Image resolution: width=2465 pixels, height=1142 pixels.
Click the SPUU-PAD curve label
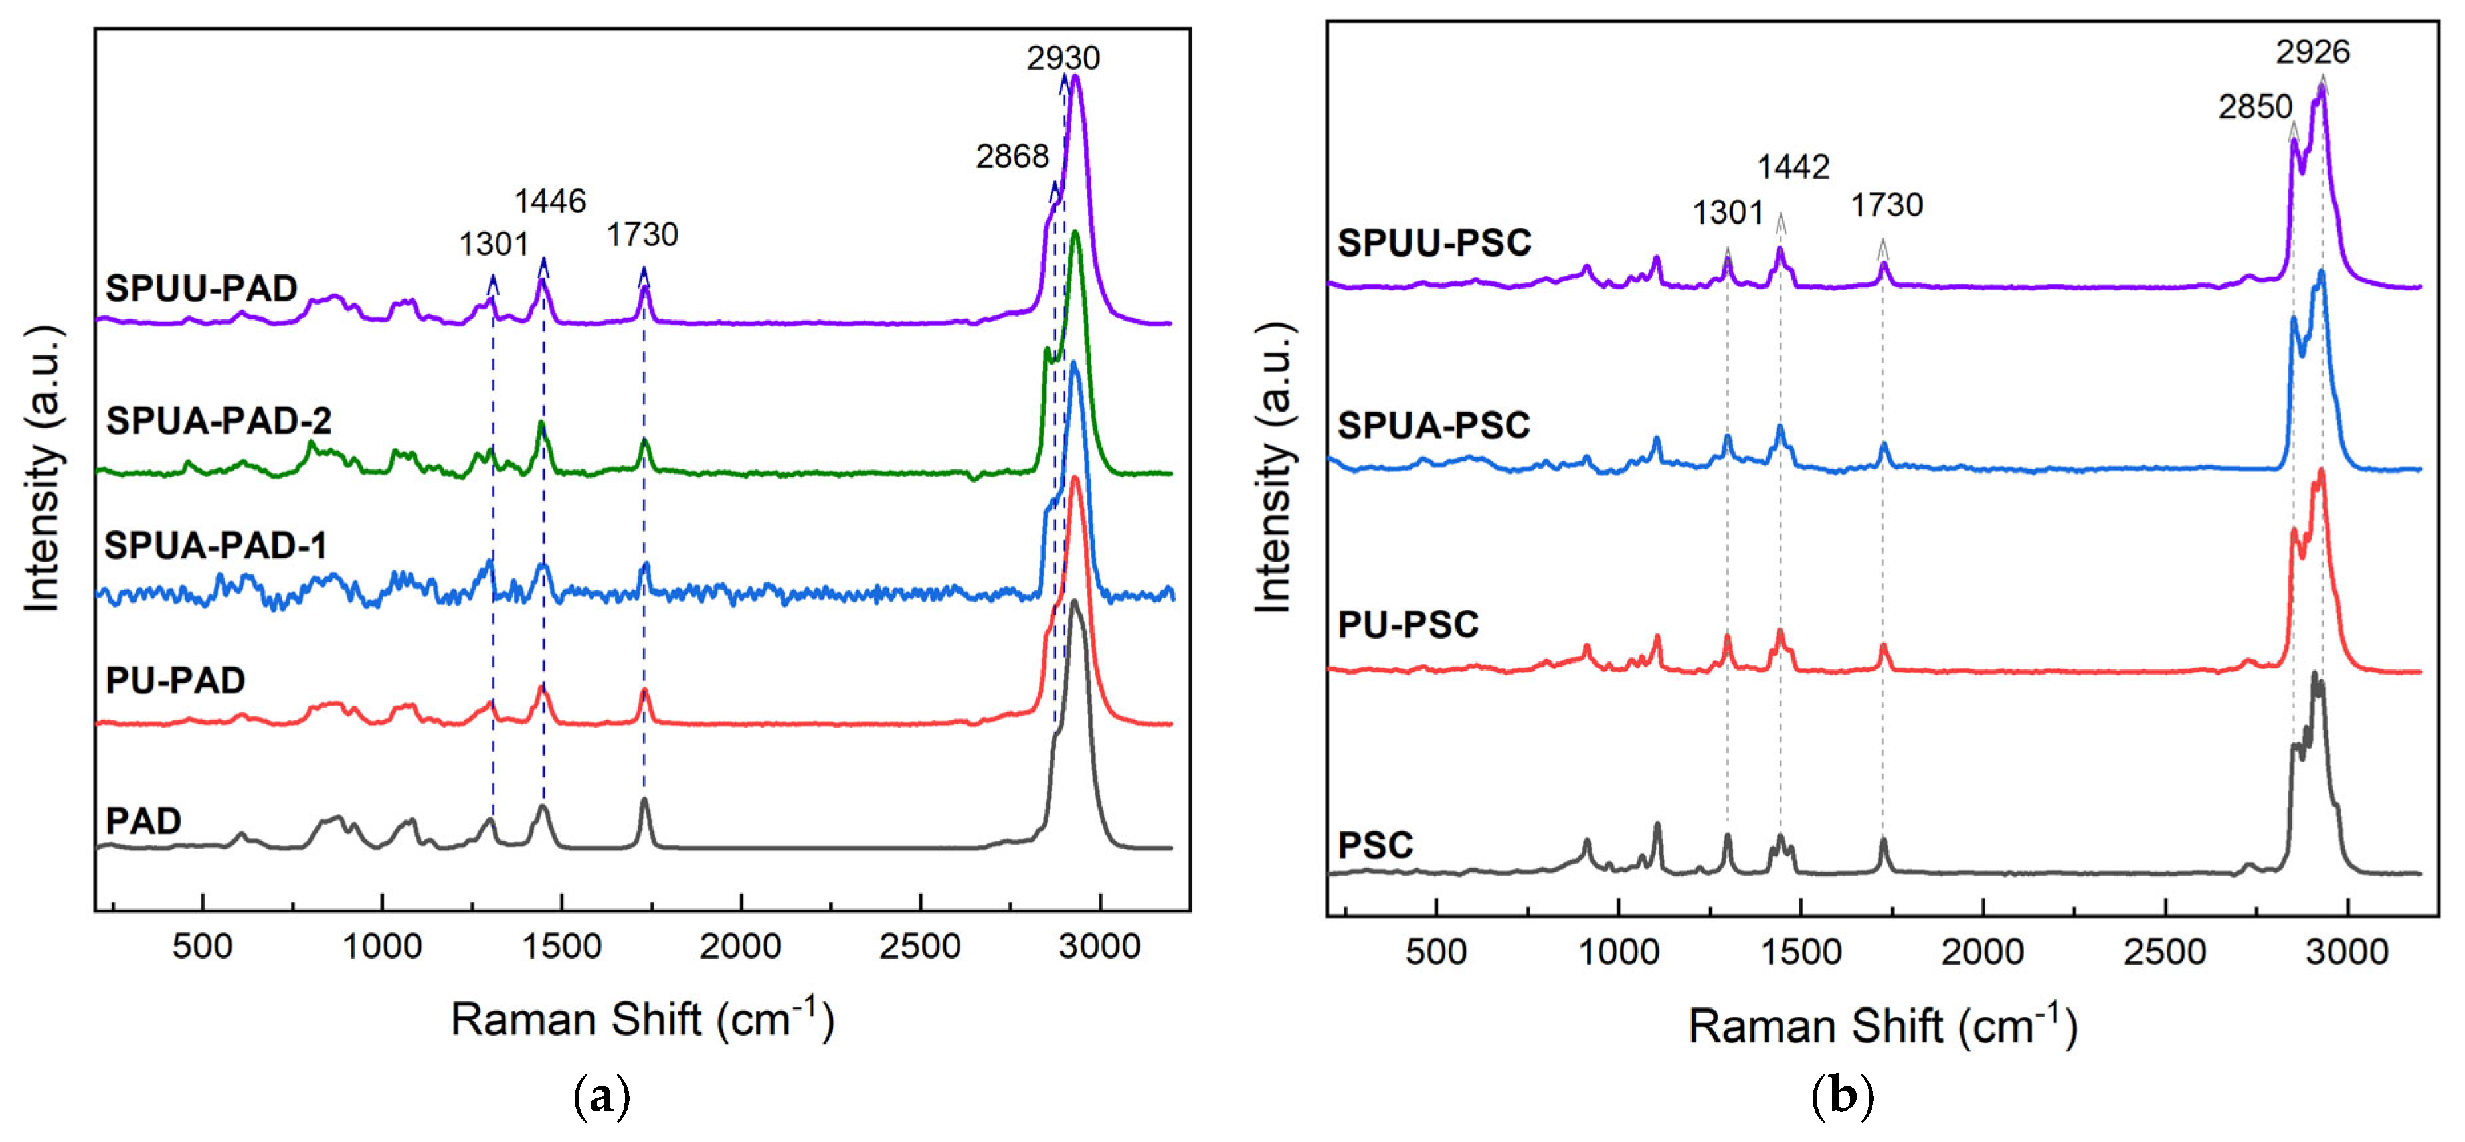pos(201,288)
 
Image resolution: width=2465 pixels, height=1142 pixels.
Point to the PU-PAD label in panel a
pos(175,680)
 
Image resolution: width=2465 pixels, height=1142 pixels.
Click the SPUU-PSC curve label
pos(1433,243)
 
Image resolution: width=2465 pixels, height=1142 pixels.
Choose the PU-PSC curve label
pos(1408,625)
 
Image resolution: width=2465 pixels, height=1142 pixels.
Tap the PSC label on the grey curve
pos(1375,845)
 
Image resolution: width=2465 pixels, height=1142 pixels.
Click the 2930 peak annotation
pos(1063,58)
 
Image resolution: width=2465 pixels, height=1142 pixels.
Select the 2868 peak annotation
pos(1012,156)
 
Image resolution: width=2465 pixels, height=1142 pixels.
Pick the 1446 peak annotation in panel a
pos(550,201)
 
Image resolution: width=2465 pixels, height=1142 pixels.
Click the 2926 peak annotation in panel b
pos(2312,52)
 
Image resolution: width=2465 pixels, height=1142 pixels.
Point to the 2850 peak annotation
pos(2256,106)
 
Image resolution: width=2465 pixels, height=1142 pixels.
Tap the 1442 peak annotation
pos(1792,167)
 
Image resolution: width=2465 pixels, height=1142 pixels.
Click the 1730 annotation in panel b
pos(1886,204)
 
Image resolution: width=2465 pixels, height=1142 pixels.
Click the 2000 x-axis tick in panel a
pos(741,946)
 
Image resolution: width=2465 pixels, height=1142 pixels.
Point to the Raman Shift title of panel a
pos(642,1020)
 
